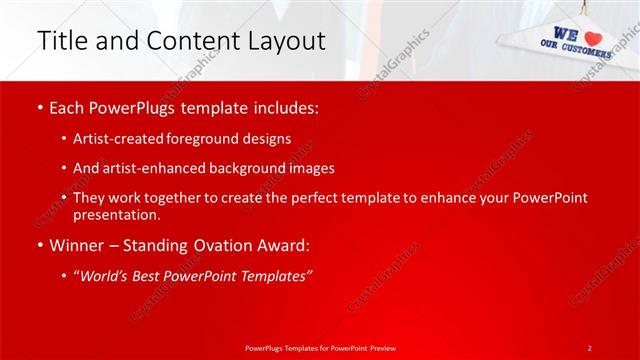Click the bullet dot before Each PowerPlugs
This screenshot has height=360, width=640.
(39, 107)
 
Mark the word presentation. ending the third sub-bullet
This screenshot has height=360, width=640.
(116, 214)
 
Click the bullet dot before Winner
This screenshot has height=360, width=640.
(39, 245)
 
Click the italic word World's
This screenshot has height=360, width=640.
(109, 275)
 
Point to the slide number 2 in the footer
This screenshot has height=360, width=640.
(590, 347)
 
